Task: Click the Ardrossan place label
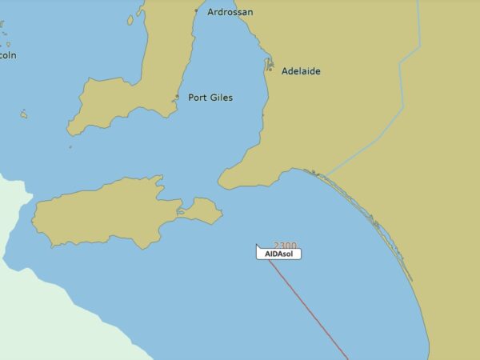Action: click(230, 12)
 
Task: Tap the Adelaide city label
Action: click(301, 71)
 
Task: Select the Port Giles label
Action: click(210, 98)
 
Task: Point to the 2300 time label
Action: click(285, 246)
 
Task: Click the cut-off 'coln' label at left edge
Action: click(8, 55)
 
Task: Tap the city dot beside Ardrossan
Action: click(196, 10)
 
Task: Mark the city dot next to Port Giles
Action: click(177, 98)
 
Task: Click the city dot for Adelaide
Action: click(270, 70)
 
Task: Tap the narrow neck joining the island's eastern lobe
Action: click(181, 213)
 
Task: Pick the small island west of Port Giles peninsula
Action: click(24, 114)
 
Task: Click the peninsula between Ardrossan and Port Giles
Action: click(156, 64)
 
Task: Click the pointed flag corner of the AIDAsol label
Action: click(257, 245)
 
